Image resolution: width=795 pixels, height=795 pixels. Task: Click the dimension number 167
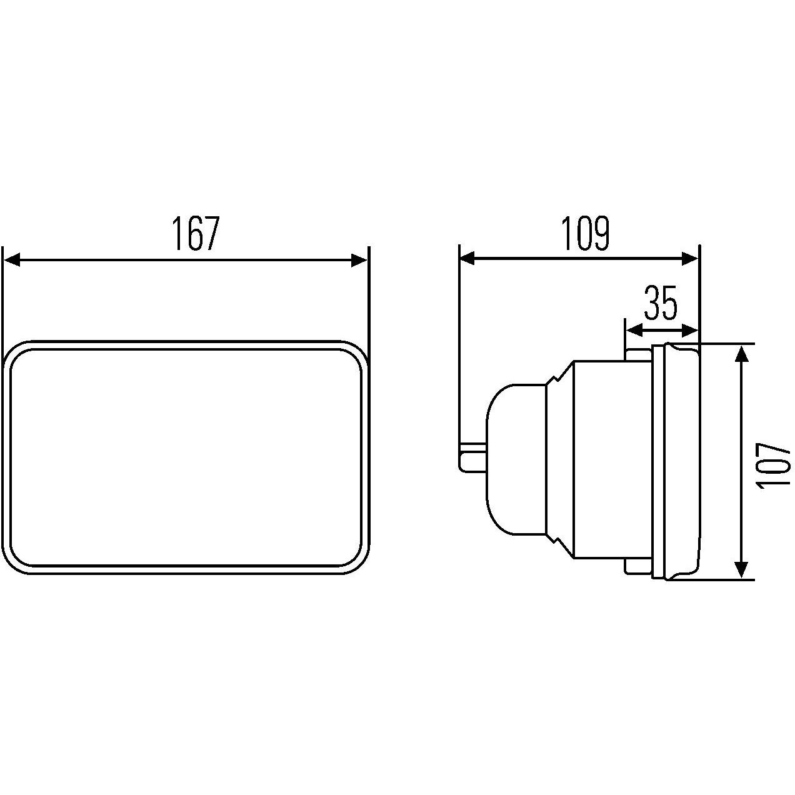point(196,234)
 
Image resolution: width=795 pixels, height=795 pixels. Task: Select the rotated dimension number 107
point(772,466)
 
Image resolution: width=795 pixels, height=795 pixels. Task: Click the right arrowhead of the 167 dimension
point(360,261)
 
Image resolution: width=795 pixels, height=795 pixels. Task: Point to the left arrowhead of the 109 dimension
point(468,258)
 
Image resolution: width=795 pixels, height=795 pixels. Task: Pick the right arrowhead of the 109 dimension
point(689,258)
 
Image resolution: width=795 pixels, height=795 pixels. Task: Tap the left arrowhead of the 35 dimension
point(634,330)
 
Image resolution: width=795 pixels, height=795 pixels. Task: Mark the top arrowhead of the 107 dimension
point(741,353)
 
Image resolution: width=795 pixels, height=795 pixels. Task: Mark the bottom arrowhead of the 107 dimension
point(741,569)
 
